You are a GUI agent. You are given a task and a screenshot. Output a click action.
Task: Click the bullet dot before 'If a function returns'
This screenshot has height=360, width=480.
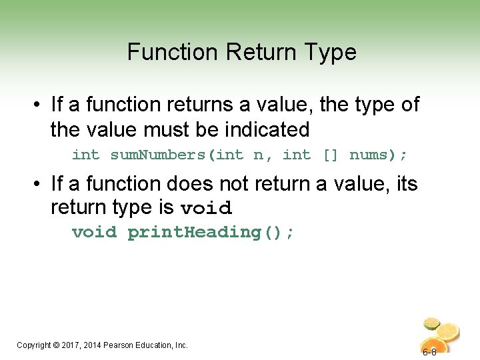(x=38, y=105)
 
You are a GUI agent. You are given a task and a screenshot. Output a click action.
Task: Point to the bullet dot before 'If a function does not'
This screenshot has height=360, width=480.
(x=38, y=184)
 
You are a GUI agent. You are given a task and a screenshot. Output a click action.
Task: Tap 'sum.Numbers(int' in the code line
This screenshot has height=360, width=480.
(x=177, y=155)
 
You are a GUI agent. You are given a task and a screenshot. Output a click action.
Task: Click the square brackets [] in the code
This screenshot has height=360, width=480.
(x=330, y=155)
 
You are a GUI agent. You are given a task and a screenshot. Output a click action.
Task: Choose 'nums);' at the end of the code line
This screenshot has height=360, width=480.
(x=378, y=155)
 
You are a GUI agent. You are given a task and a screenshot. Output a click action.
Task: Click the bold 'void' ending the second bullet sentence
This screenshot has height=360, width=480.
(x=206, y=208)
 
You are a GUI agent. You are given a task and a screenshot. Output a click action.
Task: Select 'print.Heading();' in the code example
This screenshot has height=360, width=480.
(x=210, y=233)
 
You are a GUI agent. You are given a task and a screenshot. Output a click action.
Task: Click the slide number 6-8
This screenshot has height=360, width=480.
(x=429, y=352)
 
